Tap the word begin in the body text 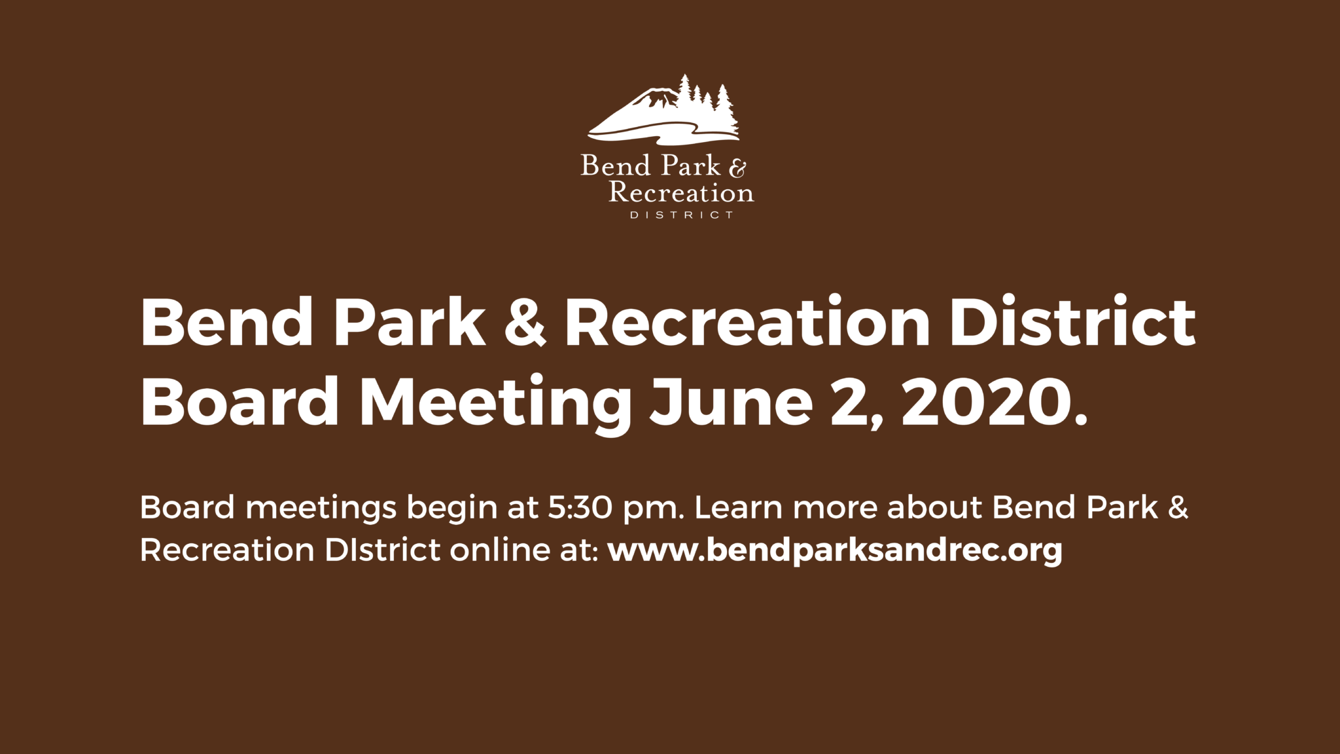click(452, 510)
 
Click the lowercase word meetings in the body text click(321, 510)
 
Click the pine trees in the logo click(707, 105)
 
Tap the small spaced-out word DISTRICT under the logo click(681, 215)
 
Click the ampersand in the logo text click(737, 169)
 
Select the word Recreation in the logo click(681, 192)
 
